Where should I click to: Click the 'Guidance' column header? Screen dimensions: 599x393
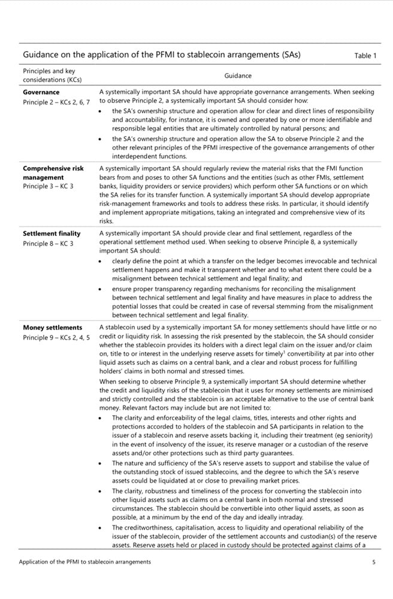tap(238, 76)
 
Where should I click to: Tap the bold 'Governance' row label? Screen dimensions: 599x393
tap(41, 92)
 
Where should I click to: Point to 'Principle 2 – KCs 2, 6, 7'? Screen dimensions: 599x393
tap(56, 102)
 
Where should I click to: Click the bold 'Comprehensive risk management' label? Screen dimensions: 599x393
tap(53, 173)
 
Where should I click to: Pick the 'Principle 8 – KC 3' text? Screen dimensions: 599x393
tap(48, 244)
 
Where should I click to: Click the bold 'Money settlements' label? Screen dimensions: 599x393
tap(52, 328)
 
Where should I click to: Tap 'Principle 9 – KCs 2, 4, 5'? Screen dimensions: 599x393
tap(56, 338)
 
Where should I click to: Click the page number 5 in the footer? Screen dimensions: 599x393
tap(374, 562)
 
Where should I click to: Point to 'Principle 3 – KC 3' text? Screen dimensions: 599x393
tap(48, 187)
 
